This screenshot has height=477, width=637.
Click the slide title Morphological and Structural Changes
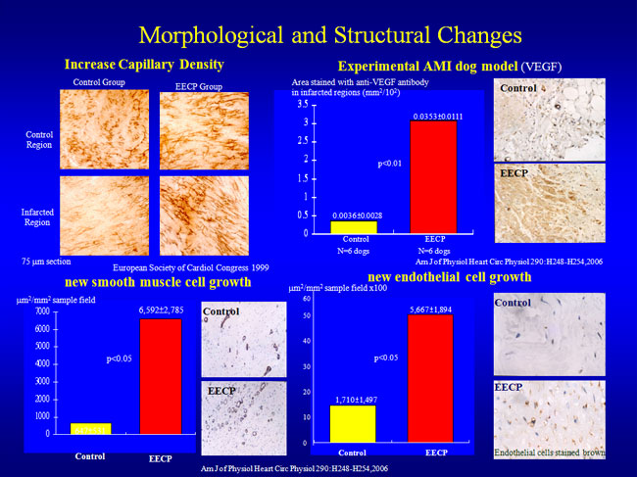click(x=329, y=34)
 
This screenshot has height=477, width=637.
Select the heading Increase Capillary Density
click(x=144, y=65)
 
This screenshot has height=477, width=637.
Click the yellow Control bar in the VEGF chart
click(x=354, y=227)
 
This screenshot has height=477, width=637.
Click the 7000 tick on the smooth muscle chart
click(x=40, y=310)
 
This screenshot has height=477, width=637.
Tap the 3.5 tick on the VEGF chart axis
click(x=304, y=104)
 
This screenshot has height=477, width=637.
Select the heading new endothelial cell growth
click(x=456, y=277)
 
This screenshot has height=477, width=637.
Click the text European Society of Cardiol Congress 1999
click(x=190, y=266)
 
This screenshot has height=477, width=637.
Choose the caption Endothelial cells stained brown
click(x=549, y=453)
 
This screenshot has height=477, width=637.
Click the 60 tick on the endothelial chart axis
click(x=307, y=297)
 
